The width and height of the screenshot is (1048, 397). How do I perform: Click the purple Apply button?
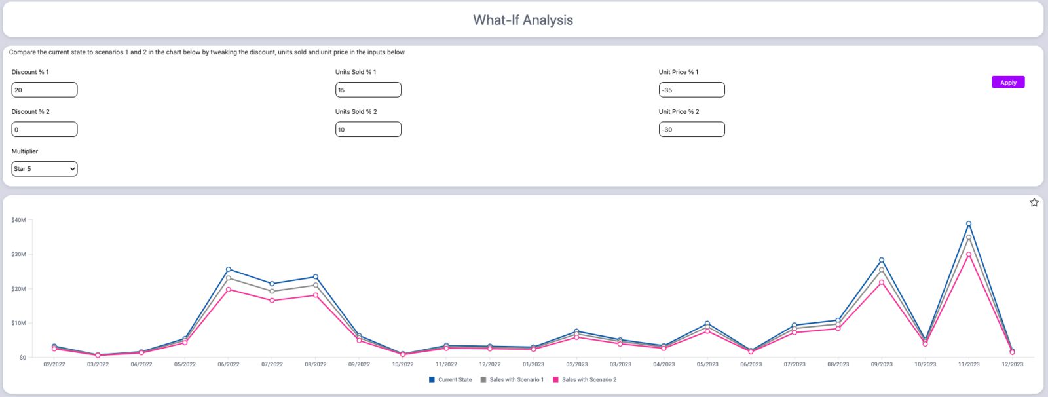coord(1007,83)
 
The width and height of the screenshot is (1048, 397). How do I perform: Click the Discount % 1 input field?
coord(44,90)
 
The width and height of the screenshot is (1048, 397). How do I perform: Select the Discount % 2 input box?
coord(44,130)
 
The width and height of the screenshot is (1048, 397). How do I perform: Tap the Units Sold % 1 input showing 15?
coord(367,90)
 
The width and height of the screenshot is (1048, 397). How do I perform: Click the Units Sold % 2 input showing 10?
coord(367,130)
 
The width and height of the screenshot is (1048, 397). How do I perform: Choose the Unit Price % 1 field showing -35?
coord(691,90)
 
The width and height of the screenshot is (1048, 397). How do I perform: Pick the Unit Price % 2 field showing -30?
coord(691,130)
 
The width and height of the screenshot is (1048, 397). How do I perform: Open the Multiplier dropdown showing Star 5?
coord(44,169)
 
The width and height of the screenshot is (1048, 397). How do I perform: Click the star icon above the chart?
coord(1034,202)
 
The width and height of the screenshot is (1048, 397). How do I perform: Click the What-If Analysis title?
coord(523,20)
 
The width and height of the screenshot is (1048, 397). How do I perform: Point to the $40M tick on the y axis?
coord(18,220)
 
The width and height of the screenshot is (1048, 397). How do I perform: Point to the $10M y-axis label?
coord(18,323)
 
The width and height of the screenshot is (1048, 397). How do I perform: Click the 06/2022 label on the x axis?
coord(229,364)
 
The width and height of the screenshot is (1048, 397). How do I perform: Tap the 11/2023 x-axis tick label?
coord(969,364)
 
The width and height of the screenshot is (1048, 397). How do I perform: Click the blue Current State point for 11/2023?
coord(969,223)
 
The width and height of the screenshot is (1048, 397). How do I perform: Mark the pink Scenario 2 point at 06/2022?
coord(229,290)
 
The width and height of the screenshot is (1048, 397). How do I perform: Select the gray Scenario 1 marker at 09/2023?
coord(882,269)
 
